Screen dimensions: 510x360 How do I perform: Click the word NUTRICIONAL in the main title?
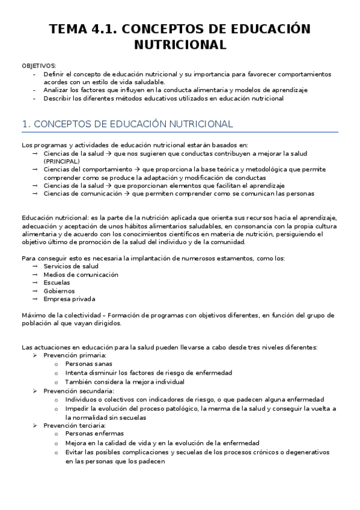point(180,45)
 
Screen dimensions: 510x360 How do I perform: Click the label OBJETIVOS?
point(39,66)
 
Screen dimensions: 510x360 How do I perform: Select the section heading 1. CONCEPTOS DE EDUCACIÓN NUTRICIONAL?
point(127,124)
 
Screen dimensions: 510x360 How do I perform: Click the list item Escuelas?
point(56,282)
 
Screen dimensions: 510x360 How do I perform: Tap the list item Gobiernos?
point(59,290)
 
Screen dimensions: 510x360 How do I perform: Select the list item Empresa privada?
point(69,299)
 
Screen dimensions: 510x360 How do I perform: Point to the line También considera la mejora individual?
point(125,381)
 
